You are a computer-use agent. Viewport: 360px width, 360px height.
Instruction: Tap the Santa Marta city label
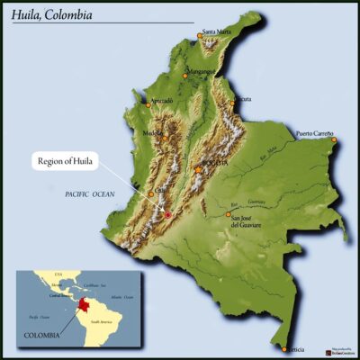(x=221, y=32)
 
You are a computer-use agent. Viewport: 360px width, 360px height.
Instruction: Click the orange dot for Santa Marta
(x=200, y=37)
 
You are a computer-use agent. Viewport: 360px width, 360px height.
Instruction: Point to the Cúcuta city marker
(x=232, y=102)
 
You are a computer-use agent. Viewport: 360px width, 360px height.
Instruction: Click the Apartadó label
(x=162, y=100)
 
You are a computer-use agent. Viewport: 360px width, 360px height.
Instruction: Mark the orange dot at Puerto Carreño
(x=333, y=139)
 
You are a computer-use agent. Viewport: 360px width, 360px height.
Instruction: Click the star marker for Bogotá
(x=198, y=169)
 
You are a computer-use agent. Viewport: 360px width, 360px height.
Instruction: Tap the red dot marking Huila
(x=167, y=214)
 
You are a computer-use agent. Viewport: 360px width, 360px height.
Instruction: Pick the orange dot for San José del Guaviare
(x=228, y=214)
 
